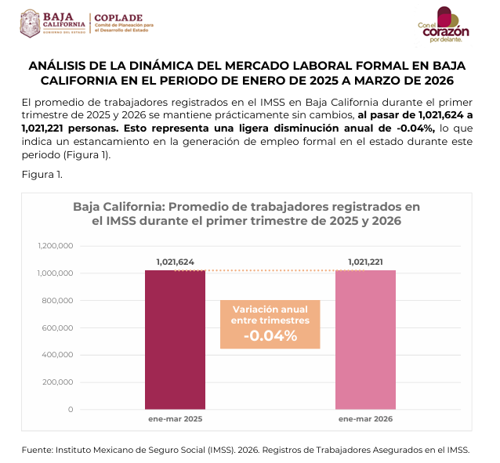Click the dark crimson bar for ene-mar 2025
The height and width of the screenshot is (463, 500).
tap(175, 339)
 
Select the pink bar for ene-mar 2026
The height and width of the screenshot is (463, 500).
tap(365, 339)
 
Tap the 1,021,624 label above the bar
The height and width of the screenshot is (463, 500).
tap(175, 262)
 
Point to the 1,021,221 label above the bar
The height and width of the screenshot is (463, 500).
tap(365, 262)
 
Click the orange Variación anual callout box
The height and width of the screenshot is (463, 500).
tap(270, 324)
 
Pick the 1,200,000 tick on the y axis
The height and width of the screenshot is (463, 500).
tap(56, 246)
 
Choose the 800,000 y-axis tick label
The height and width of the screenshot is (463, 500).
tap(57, 300)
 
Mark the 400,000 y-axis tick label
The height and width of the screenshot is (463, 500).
tap(57, 355)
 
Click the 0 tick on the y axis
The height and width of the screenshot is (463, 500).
tap(71, 410)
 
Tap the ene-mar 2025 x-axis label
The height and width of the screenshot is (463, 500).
tap(175, 419)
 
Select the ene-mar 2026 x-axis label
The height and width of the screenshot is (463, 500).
tap(365, 419)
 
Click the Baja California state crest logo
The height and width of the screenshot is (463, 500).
tap(30, 24)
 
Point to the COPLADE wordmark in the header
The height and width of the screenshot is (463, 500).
tap(118, 18)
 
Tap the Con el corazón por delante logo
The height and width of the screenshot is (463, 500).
tap(444, 25)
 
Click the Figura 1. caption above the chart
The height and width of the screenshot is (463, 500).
tap(42, 175)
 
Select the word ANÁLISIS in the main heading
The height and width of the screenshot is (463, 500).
tap(56, 66)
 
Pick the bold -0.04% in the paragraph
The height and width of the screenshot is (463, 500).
tap(416, 128)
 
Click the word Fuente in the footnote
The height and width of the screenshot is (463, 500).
tap(37, 450)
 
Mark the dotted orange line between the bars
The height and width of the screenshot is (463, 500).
tap(270, 271)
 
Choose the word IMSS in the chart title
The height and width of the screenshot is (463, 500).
tap(121, 221)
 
